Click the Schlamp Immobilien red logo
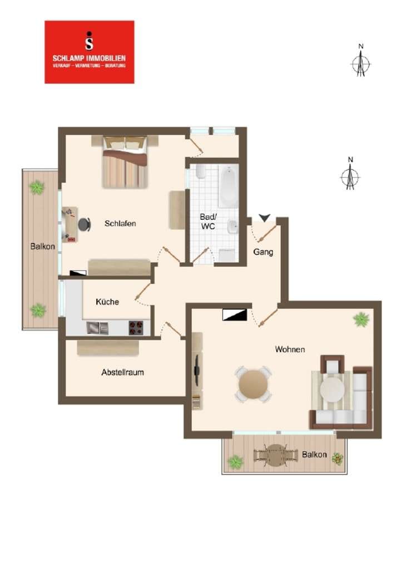(90, 52)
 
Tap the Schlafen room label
(120, 224)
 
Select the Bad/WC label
(208, 222)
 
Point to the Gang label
(263, 252)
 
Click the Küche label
(107, 302)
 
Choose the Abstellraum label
(122, 372)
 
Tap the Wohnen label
(290, 350)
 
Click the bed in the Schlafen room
(125, 162)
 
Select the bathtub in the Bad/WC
(229, 185)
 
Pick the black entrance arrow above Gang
(265, 218)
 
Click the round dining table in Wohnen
(254, 384)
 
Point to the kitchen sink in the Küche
(97, 328)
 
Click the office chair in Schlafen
(85, 224)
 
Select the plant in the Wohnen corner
(361, 320)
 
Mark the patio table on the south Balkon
(276, 455)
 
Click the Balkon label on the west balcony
(42, 247)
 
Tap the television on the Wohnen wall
(197, 370)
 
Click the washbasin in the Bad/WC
(232, 227)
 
